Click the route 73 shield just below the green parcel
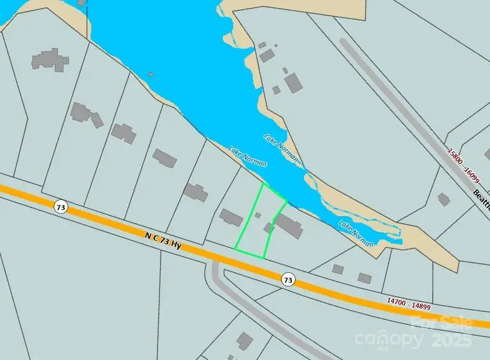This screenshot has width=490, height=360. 287,280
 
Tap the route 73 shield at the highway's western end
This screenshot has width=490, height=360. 60,207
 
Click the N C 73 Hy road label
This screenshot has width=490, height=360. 163,241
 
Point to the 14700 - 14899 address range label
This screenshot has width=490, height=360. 408,303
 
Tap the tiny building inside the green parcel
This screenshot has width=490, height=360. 258,215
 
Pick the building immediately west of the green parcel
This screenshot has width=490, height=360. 231,217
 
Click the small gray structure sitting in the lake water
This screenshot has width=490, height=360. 151,74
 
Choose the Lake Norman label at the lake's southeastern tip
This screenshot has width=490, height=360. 356,232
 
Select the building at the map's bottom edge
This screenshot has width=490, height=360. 245,341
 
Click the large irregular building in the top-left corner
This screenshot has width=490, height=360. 50,59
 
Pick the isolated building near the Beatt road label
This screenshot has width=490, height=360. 443,199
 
